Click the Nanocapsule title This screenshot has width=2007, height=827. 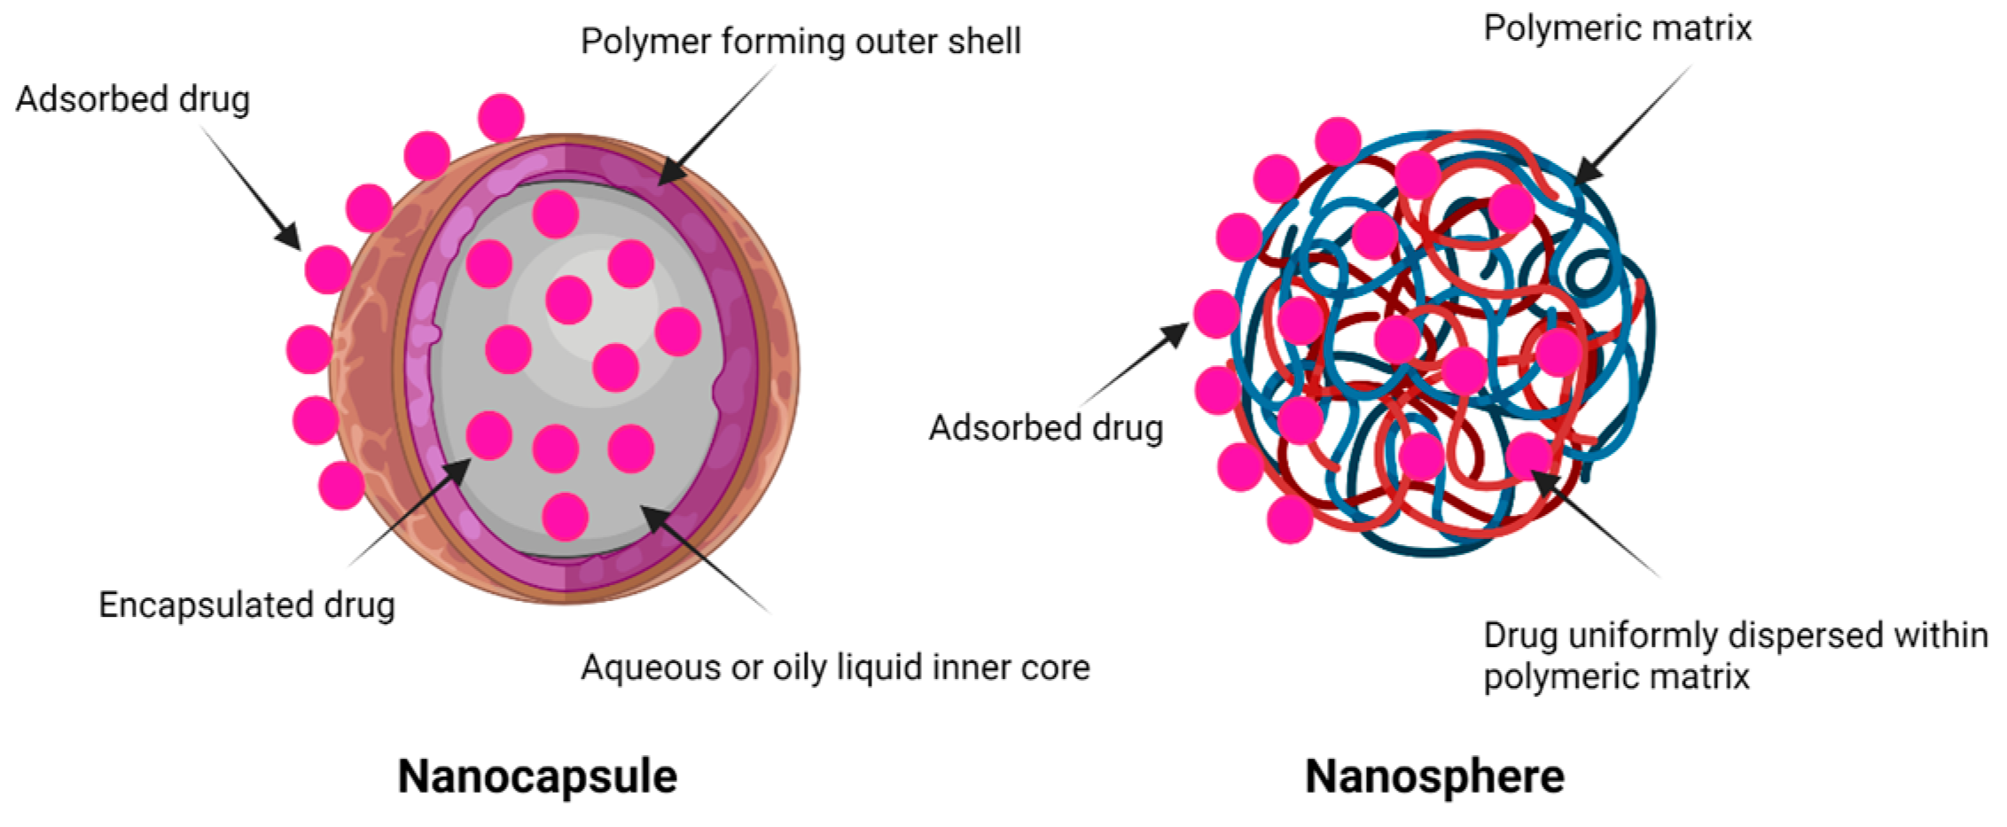[x=537, y=776]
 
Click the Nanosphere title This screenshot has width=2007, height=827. [x=1434, y=776]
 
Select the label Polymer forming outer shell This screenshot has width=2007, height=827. [x=800, y=42]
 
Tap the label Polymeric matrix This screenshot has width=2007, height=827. [x=1617, y=28]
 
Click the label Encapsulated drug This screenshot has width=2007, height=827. [x=246, y=605]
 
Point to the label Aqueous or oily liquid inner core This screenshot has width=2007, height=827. [x=835, y=667]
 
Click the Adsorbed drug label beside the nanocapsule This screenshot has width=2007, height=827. [x=133, y=99]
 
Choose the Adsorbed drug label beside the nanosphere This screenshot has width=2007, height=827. [x=1046, y=428]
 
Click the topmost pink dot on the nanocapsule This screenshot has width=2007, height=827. [x=501, y=117]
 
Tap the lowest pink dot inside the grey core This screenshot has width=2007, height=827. [x=565, y=516]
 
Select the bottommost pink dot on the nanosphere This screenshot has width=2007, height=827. [x=1290, y=519]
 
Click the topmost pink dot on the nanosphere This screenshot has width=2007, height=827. [x=1338, y=140]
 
